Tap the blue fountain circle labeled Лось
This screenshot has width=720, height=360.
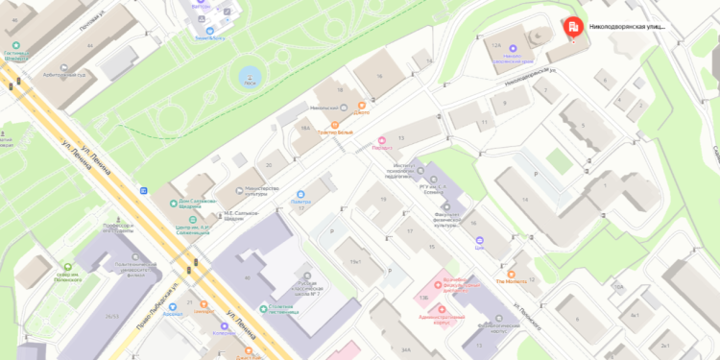pos(250,75)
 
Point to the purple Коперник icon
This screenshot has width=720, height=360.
pos(225,325)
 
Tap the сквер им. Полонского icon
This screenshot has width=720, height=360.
pos(68,269)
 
